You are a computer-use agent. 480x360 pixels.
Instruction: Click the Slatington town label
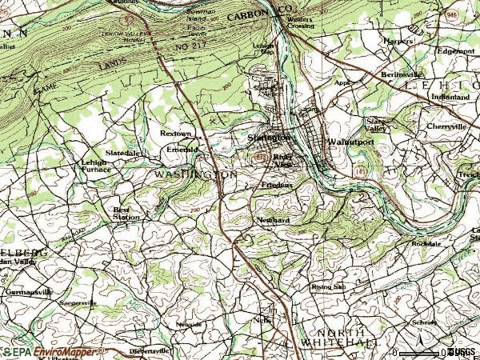tap(268, 138)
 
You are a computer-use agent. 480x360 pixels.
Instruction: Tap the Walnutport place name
tap(350, 142)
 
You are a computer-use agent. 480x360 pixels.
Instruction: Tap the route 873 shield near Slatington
tap(262, 159)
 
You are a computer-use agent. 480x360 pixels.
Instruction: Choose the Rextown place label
tap(176, 134)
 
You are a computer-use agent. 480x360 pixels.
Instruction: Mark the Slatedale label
tap(123, 152)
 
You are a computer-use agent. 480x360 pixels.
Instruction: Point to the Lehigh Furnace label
tap(94, 166)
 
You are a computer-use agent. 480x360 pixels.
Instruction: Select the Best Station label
tap(126, 213)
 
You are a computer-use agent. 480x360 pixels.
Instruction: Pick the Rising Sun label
tap(328, 286)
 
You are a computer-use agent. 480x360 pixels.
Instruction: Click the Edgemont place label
tap(455, 51)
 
